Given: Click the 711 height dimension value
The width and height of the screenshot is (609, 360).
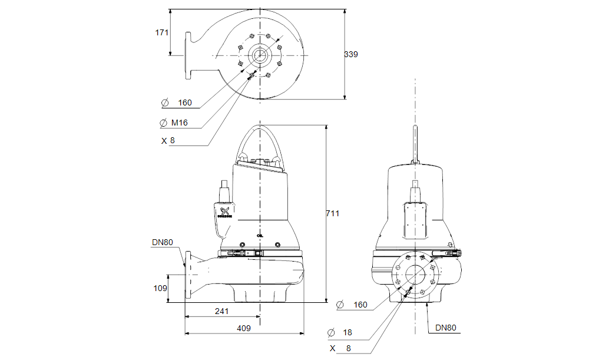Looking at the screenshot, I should coord(333,214).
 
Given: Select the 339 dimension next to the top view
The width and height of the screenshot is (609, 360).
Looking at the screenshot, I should coord(351,54).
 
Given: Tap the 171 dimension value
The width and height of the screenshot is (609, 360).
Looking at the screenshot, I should coord(162,33).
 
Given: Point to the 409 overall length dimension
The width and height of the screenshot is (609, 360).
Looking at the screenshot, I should coord(244,328).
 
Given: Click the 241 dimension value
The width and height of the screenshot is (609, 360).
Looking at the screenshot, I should coord(221,311).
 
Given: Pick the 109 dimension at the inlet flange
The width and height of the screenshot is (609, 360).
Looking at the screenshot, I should coord(161,289).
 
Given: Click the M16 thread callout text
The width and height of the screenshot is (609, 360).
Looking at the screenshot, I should coord(180,123).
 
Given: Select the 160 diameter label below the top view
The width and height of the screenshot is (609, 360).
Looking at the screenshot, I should coord(184,103).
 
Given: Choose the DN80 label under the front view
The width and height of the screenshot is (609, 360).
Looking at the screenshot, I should coord(446,328).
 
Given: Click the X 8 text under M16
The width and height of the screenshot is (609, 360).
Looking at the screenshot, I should coord(168,141).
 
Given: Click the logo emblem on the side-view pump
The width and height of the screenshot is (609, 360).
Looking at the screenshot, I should coord(224,212).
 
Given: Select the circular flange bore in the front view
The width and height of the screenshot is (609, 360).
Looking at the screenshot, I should coord(415,275).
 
